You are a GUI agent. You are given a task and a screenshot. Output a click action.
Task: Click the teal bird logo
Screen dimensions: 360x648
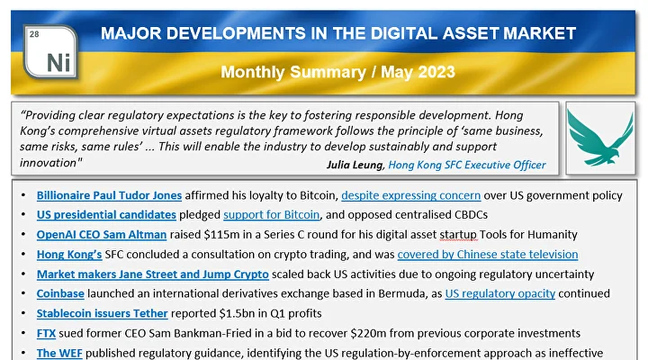[x=599, y=138]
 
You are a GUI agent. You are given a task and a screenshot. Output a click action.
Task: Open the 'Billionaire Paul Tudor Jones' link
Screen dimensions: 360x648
[x=109, y=195]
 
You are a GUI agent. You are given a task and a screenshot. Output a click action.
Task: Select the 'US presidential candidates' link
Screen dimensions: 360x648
[x=105, y=215]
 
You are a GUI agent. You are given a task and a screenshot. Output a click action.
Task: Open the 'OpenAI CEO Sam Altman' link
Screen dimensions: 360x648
[x=101, y=235]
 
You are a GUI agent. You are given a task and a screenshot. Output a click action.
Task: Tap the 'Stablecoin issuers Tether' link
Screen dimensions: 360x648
[x=103, y=313]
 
